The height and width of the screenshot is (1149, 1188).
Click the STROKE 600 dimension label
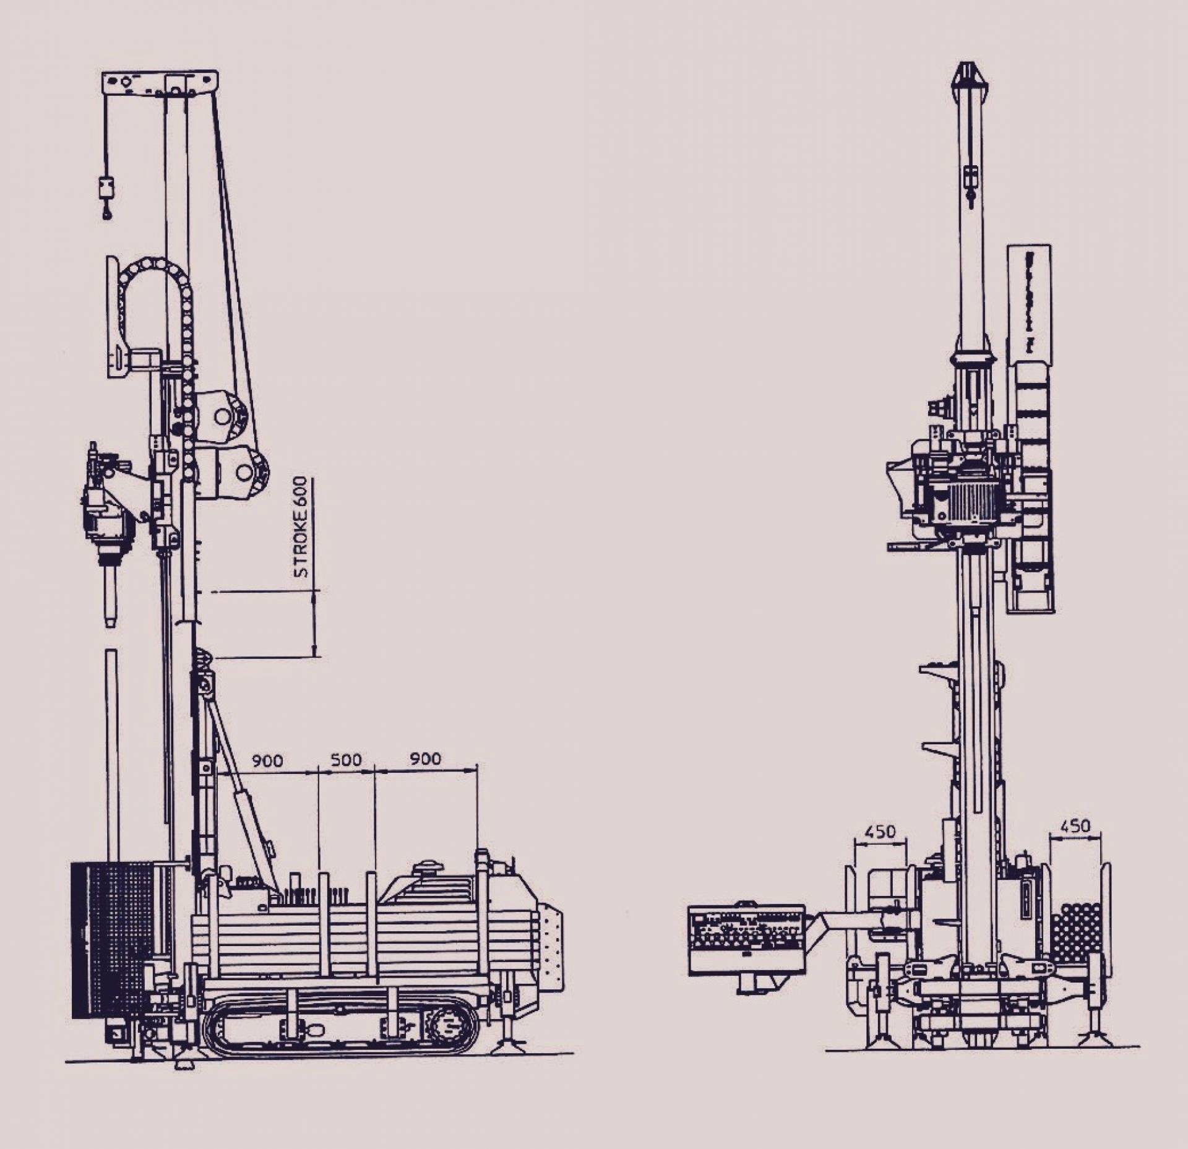[301, 527]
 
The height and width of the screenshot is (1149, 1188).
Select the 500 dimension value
[346, 760]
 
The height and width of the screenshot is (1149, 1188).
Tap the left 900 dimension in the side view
[267, 760]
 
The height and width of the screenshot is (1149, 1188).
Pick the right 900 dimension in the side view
[426, 759]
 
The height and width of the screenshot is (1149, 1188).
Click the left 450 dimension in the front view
[879, 831]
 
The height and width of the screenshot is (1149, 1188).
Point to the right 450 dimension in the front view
[1075, 826]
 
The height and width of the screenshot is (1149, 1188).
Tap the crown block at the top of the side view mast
[160, 84]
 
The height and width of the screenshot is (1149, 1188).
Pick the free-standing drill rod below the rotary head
[111, 755]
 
